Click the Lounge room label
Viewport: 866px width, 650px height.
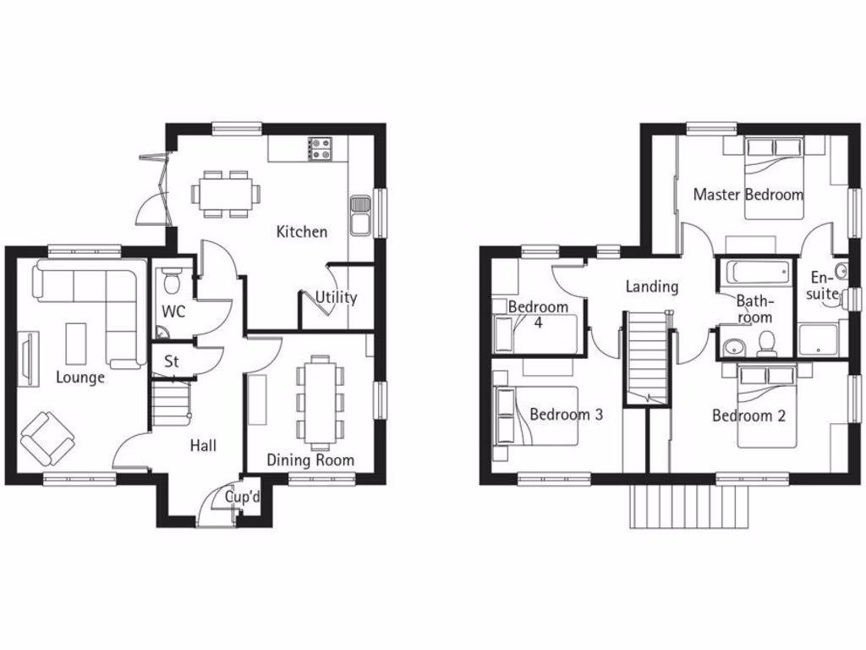click(80, 377)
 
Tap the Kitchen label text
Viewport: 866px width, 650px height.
click(302, 231)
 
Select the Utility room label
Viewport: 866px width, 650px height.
click(336, 298)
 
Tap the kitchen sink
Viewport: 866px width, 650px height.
click(359, 214)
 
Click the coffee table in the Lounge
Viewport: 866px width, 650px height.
click(77, 340)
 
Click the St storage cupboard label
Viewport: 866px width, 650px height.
click(172, 361)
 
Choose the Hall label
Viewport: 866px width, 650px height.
click(203, 445)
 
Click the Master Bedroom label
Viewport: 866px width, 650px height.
click(748, 195)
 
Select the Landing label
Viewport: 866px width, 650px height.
click(651, 287)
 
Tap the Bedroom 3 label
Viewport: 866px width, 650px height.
click(566, 415)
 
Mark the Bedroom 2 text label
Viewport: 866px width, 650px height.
click(748, 416)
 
